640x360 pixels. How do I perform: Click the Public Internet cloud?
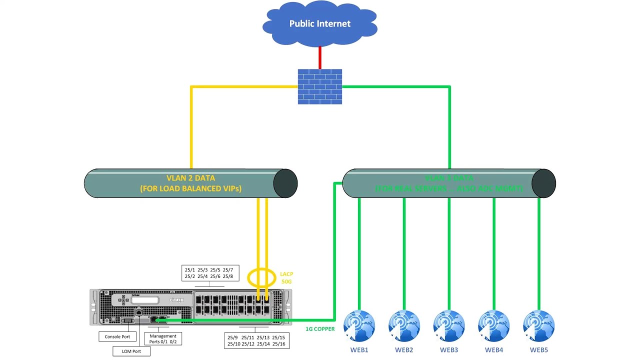point(320,23)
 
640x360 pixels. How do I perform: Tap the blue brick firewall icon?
point(320,86)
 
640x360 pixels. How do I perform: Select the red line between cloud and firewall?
point(320,57)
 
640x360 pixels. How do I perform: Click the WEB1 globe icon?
point(359,326)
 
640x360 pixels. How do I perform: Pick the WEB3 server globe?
point(449,326)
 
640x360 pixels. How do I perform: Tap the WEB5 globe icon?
point(538,326)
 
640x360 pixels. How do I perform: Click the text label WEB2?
point(404,350)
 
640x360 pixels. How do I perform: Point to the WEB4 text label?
point(494,350)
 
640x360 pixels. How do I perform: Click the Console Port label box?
point(117,337)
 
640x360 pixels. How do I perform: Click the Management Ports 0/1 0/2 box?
point(163,339)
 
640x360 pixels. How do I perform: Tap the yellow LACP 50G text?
point(286,278)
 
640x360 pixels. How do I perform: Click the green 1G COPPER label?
point(320,329)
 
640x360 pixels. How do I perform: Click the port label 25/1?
point(189,270)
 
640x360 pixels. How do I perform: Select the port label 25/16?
point(278,344)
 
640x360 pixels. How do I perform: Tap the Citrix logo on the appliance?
point(177,300)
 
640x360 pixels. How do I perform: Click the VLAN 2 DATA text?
point(190,178)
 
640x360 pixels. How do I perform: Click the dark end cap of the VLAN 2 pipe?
point(285,183)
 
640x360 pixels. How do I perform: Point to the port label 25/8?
point(228,276)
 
